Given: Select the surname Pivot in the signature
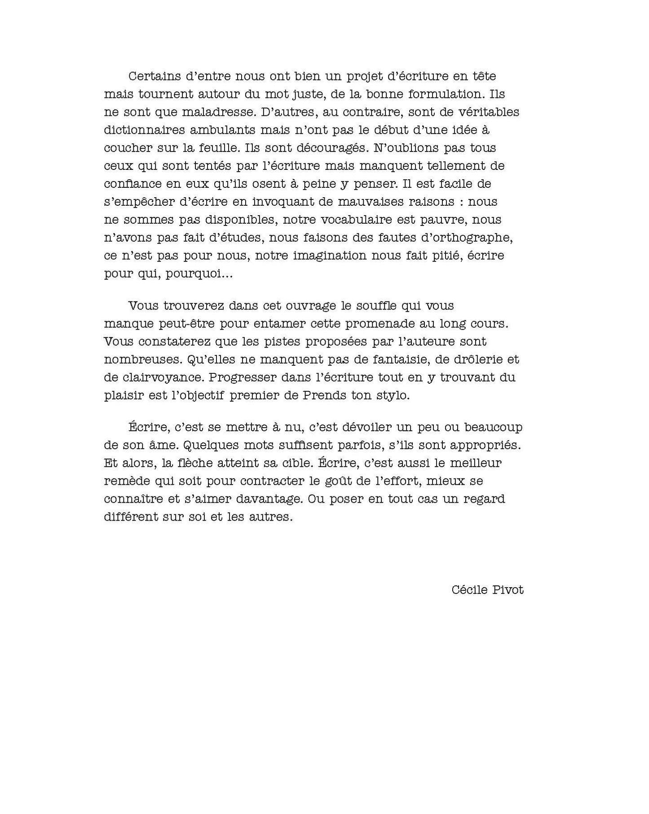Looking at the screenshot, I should [508, 590].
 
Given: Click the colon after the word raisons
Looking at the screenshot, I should [462, 203].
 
